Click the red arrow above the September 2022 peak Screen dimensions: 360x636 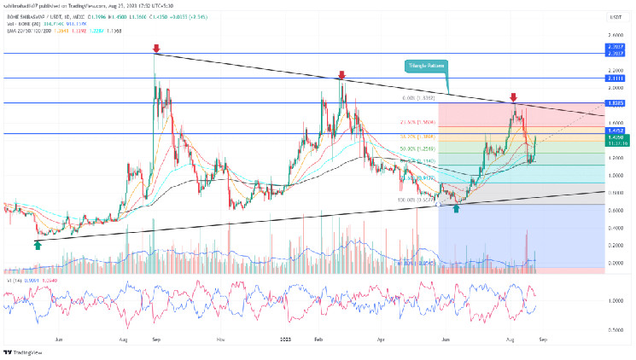pyautogui.click(x=155, y=49)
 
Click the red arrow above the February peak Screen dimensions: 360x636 pyautogui.click(x=341, y=75)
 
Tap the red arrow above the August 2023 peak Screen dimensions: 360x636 pyautogui.click(x=513, y=98)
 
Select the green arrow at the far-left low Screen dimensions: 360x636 pyautogui.click(x=38, y=245)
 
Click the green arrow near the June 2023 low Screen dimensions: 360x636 pyautogui.click(x=456, y=207)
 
